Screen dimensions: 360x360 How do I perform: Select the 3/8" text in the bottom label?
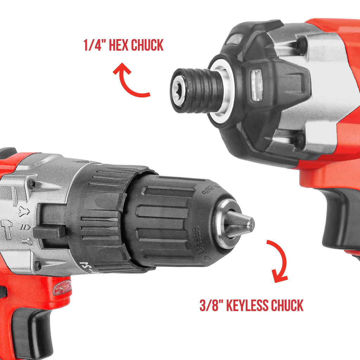pos(212,306)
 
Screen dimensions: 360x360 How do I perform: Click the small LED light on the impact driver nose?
pos(257,85)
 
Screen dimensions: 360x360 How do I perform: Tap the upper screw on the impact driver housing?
pos(301,45)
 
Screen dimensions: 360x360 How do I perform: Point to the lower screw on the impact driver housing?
pos(299,140)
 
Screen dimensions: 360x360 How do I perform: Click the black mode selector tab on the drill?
pos(49,231)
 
